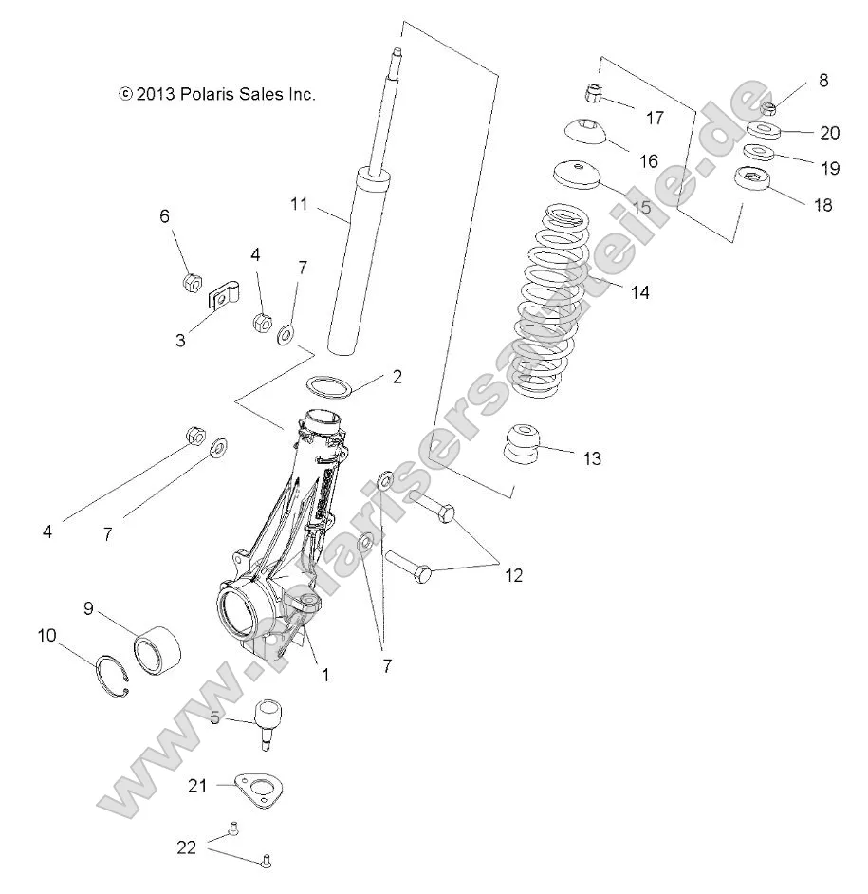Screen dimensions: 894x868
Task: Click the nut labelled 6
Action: pyautogui.click(x=190, y=282)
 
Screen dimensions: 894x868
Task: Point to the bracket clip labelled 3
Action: pyautogui.click(x=223, y=297)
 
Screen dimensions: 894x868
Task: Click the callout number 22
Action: pyautogui.click(x=187, y=847)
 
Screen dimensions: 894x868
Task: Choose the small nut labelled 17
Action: pyautogui.click(x=591, y=93)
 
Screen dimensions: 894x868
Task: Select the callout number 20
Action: pyautogui.click(x=829, y=134)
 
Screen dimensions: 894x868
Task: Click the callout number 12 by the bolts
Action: pyautogui.click(x=513, y=575)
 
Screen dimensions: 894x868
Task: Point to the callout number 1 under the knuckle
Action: pyautogui.click(x=324, y=676)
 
